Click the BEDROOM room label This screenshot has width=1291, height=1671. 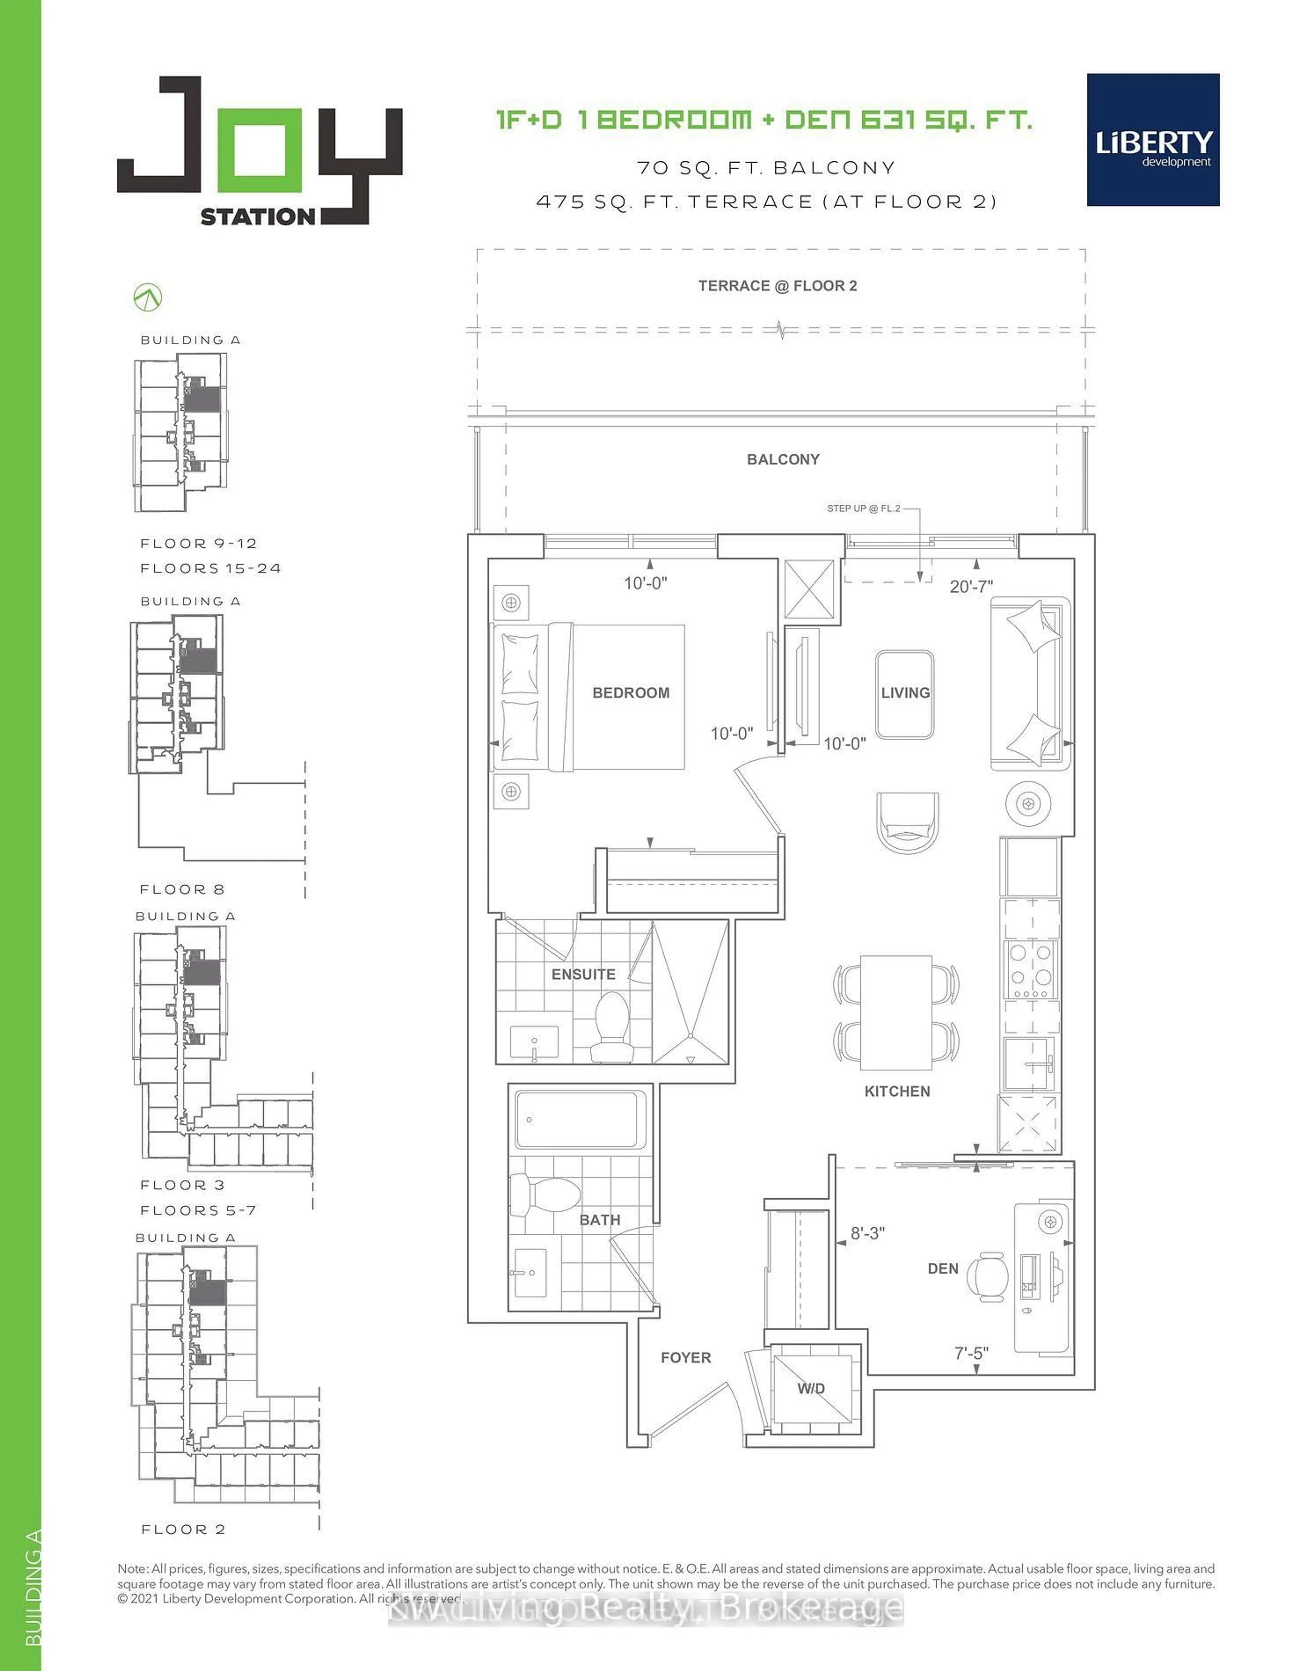click(x=631, y=692)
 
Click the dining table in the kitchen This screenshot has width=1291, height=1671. click(x=896, y=1012)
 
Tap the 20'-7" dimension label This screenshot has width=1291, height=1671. click(x=971, y=586)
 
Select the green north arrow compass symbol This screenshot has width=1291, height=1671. click(x=148, y=298)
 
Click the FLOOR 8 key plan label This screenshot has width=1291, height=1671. click(x=182, y=889)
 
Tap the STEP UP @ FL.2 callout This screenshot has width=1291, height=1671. click(x=863, y=508)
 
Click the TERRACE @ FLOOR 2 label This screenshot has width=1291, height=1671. click(x=778, y=286)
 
